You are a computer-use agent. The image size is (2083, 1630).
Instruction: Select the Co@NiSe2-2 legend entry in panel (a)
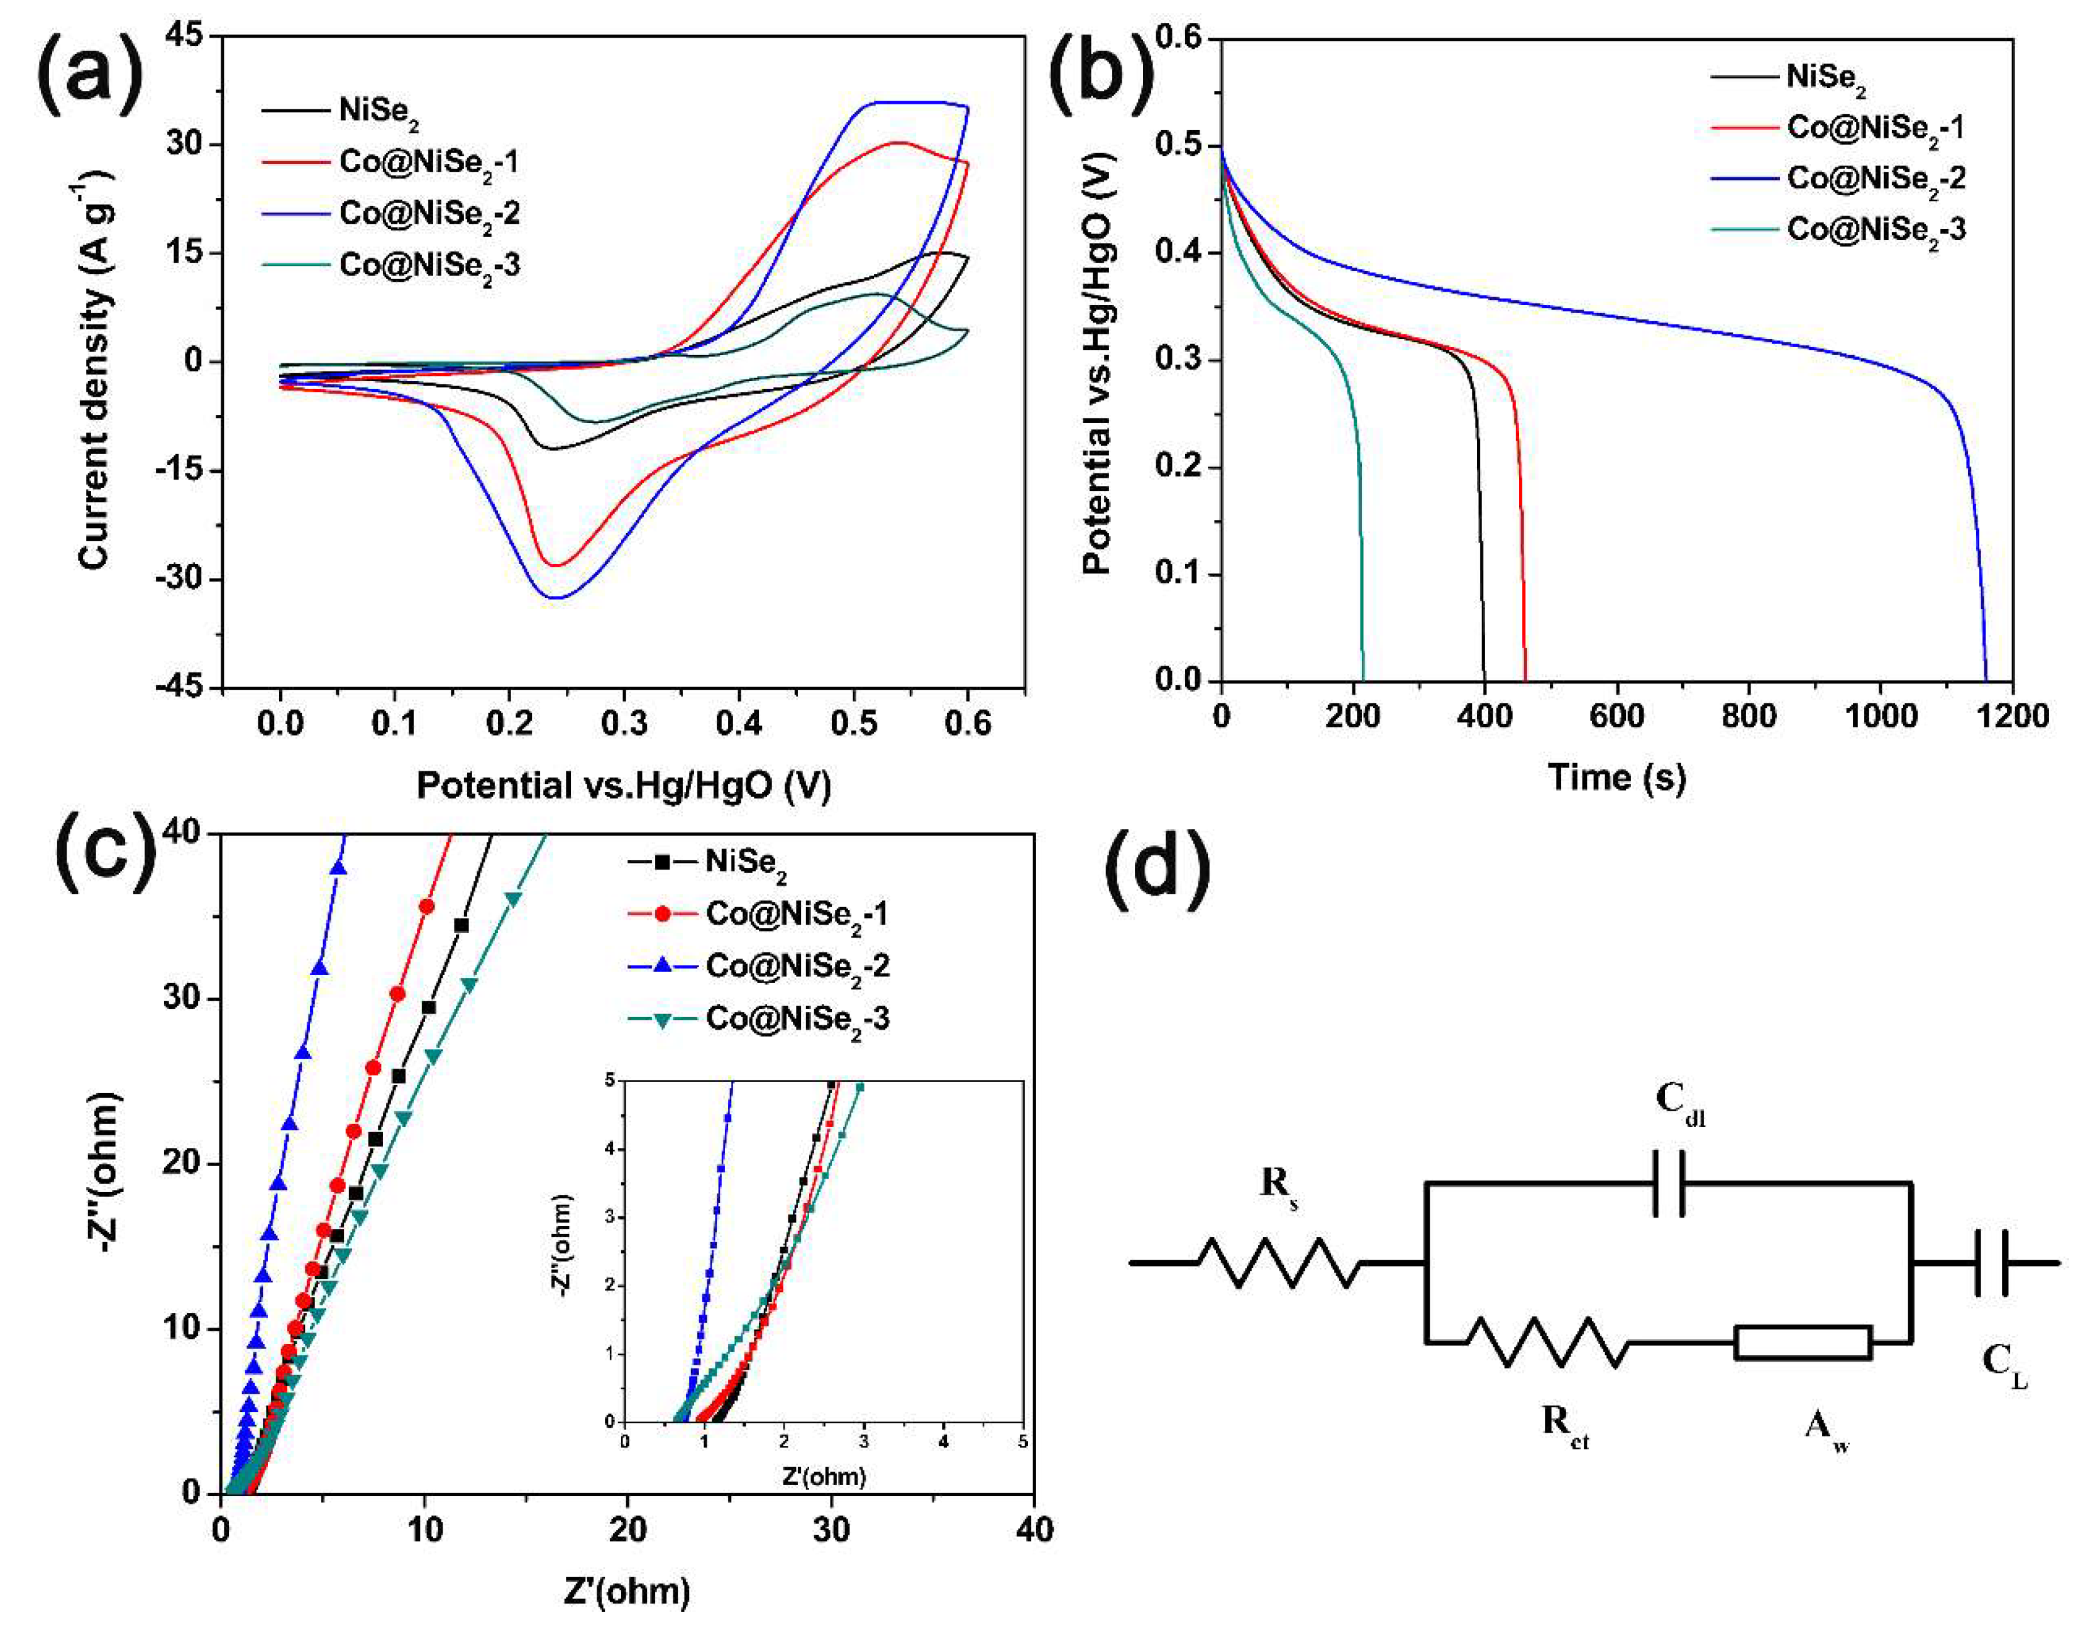pos(392,214)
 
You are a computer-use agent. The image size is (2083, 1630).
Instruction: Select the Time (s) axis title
pos(1617,777)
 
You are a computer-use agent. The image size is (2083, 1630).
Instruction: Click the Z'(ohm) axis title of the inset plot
pos(824,1477)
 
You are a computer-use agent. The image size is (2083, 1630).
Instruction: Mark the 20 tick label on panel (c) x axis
pos(627,1530)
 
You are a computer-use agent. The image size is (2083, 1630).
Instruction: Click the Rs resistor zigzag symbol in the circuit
pos(1279,1263)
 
